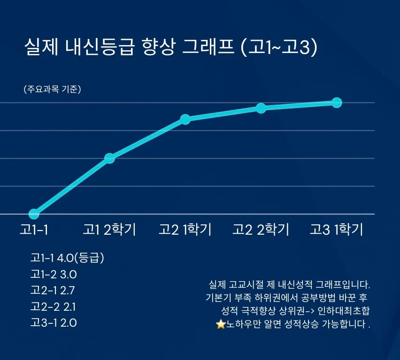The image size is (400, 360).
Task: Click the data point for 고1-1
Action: (x=34, y=214)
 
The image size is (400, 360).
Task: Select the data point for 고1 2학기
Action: (x=109, y=158)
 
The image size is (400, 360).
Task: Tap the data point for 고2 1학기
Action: (x=185, y=119)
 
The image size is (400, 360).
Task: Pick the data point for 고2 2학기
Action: (x=261, y=108)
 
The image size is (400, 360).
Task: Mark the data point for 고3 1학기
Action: (x=337, y=102)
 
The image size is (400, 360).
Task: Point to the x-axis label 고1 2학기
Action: (x=109, y=230)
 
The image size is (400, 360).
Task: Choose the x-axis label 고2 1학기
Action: (x=185, y=230)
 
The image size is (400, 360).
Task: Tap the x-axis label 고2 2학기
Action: (x=261, y=230)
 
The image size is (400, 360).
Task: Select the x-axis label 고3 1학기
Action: (x=336, y=230)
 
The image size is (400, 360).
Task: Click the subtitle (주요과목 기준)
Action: (x=52, y=90)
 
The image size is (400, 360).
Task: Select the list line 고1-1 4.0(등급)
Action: (x=67, y=258)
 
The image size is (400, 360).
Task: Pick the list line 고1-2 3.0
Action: (x=54, y=274)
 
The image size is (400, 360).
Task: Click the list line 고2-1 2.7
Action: (x=54, y=291)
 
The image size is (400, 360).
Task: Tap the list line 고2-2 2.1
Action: (x=53, y=307)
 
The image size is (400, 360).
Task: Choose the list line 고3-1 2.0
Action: (x=54, y=323)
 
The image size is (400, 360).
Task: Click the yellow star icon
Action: (x=221, y=324)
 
